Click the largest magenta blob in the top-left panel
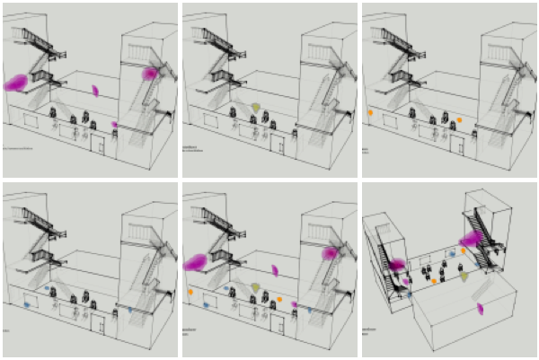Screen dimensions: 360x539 [16, 83]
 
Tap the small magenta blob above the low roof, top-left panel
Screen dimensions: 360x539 [95, 90]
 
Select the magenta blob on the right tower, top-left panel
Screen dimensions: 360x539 [149, 73]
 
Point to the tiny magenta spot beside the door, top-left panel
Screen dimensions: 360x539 [114, 125]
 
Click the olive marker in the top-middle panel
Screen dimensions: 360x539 [255, 108]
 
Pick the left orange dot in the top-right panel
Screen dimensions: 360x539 [370, 112]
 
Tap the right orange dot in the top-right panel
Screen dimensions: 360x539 [459, 119]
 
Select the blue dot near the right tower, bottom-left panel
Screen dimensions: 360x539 [131, 310]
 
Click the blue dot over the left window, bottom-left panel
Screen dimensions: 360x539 [26, 305]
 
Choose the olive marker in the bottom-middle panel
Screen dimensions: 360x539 [255, 288]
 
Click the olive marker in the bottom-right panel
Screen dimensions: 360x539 [464, 277]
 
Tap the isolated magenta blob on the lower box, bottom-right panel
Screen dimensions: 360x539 [481, 309]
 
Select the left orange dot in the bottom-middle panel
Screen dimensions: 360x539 [190, 292]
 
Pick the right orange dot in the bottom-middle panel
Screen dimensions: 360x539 [279, 299]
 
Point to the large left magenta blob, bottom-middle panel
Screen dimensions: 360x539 [196, 262]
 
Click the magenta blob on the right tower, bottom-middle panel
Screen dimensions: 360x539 [329, 253]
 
